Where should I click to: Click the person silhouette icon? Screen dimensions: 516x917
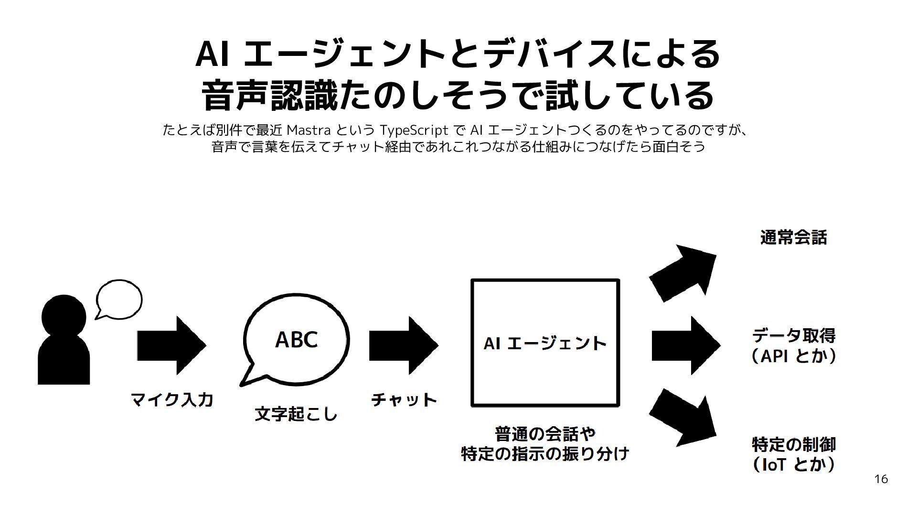[64, 340]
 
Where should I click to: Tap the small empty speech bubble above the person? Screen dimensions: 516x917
[119, 300]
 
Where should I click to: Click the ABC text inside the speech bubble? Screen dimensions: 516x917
[296, 340]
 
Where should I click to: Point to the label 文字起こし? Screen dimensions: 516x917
[296, 414]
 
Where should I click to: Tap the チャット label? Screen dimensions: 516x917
[404, 399]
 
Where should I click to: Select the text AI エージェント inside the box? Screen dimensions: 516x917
[545, 343]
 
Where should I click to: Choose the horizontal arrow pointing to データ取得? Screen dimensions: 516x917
[686, 345]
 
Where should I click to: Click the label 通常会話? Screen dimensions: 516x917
[793, 237]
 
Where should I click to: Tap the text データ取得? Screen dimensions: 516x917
[794, 335]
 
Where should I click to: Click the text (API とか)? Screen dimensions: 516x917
[794, 356]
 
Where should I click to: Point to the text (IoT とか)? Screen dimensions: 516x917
[794, 464]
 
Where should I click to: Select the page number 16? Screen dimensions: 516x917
[881, 479]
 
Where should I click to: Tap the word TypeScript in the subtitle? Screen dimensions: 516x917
[414, 129]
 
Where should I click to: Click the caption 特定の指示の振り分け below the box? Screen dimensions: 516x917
[545, 453]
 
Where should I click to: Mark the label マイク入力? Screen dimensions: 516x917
[172, 399]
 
